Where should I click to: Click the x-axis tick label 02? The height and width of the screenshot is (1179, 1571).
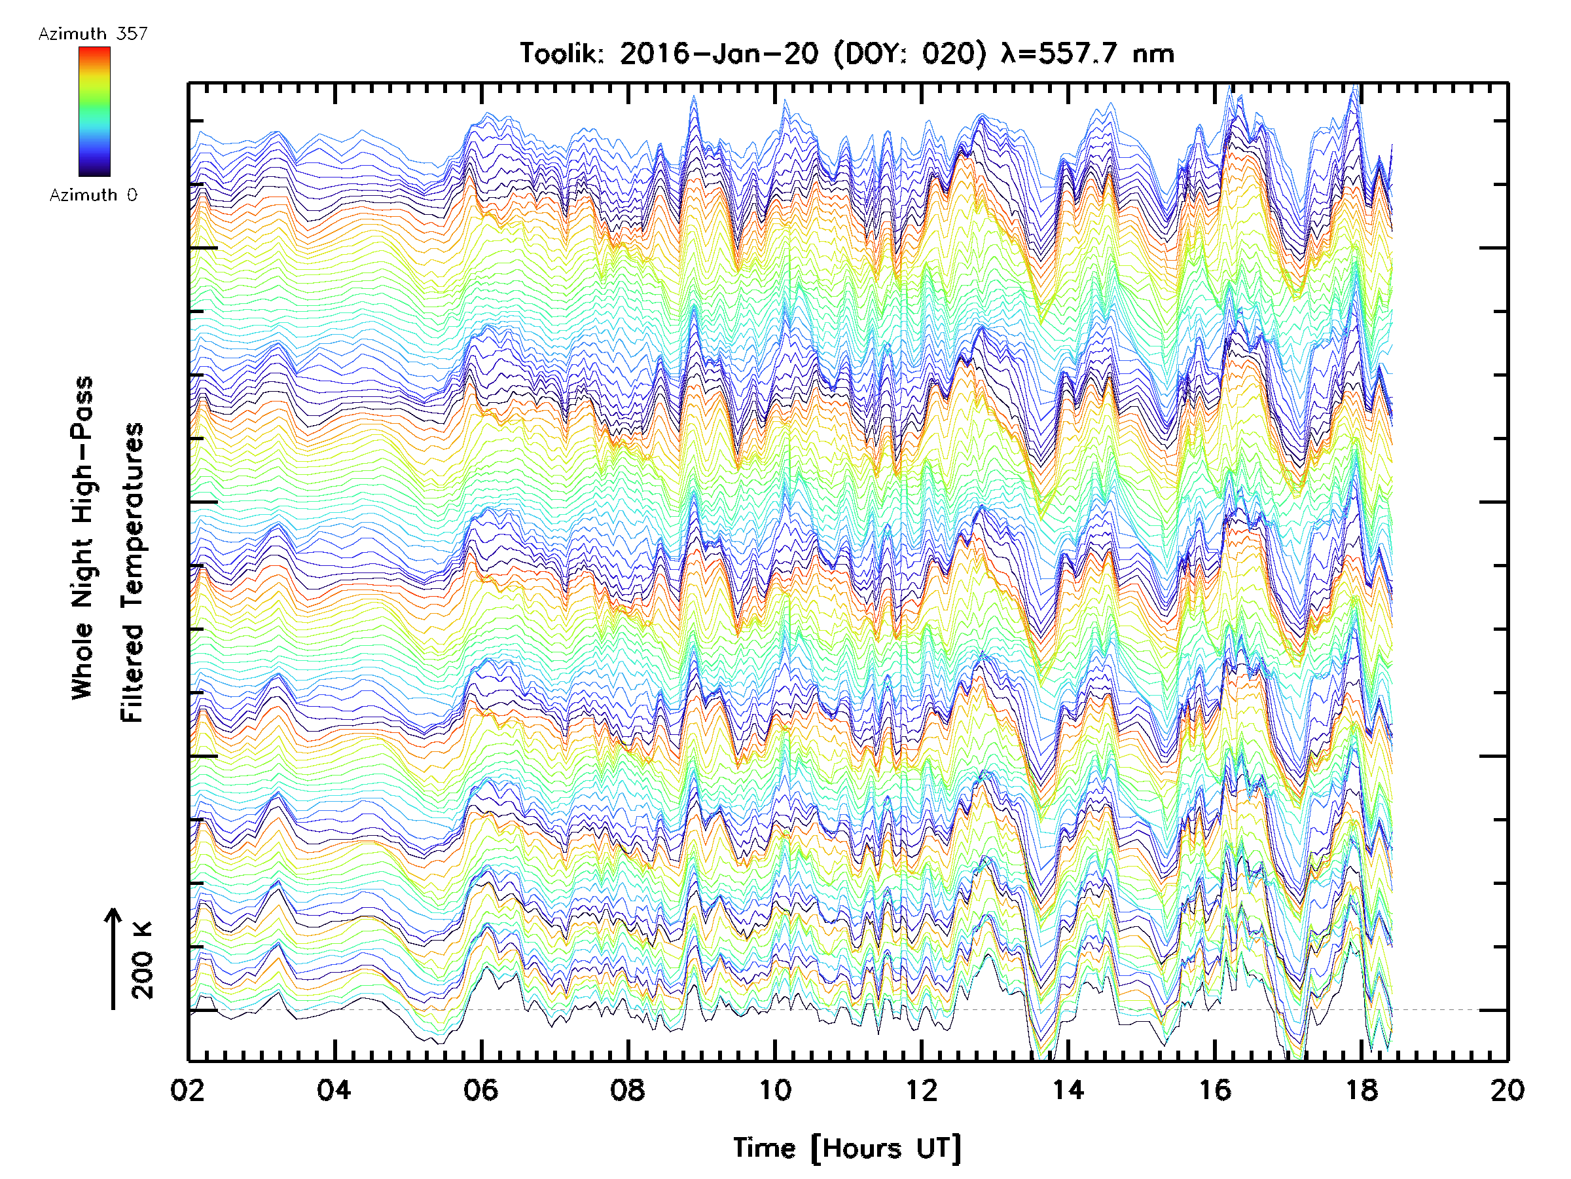(187, 1089)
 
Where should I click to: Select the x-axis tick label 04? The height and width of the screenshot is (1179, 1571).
(334, 1089)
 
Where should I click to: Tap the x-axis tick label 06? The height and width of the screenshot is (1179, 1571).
(481, 1089)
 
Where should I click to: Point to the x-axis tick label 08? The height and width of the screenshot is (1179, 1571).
(628, 1089)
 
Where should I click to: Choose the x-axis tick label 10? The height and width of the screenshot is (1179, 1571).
(775, 1089)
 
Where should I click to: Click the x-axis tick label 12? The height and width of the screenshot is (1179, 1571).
(922, 1089)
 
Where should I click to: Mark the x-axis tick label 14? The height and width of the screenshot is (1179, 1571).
(1068, 1089)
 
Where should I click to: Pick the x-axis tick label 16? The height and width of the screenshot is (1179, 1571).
(1215, 1089)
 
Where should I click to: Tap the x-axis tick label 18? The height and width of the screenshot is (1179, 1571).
(1362, 1089)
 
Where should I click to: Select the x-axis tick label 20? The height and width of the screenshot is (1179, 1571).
(1508, 1089)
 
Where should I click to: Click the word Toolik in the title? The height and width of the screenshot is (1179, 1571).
(561, 53)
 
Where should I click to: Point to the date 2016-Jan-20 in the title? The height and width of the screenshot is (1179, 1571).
(719, 53)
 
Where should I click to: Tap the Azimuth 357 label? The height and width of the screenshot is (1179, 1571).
(93, 33)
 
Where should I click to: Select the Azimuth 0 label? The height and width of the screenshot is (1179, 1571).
(93, 195)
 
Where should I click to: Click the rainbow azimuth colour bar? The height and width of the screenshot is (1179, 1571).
(94, 111)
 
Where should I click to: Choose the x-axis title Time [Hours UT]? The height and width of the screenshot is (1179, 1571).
(846, 1148)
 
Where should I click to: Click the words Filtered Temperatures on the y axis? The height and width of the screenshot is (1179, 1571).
(132, 572)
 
